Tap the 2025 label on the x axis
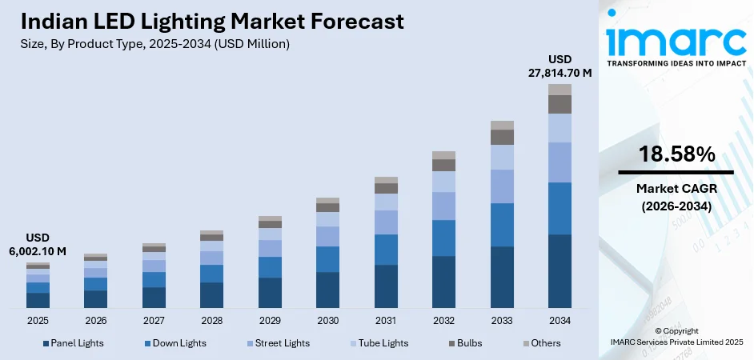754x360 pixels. point(38,320)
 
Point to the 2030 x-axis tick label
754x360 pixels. point(327,320)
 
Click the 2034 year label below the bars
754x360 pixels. point(559,320)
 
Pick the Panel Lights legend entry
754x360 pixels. point(71,343)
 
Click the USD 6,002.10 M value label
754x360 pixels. point(38,245)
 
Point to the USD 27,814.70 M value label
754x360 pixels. point(559,66)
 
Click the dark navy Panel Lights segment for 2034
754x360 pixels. point(559,270)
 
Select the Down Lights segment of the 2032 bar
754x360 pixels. point(443,238)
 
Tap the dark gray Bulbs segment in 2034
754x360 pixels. point(559,104)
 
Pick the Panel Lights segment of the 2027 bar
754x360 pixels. point(154,297)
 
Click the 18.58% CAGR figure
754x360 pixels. point(676,155)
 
